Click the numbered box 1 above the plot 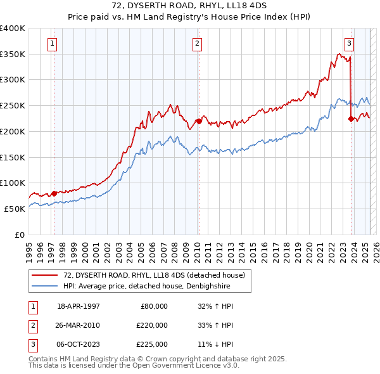[x=52, y=44]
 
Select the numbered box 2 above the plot [x=198, y=44]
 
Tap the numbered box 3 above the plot [x=349, y=44]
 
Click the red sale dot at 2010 [x=199, y=121]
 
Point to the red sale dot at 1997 [x=54, y=193]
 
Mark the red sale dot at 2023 [x=351, y=118]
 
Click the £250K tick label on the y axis [x=13, y=105]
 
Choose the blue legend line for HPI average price [x=44, y=286]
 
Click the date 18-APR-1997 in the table [x=79, y=306]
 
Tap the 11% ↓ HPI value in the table [x=215, y=344]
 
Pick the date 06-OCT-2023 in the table [x=79, y=344]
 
